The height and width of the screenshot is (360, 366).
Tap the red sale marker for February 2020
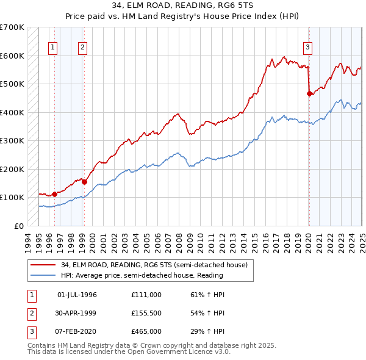click(x=309, y=93)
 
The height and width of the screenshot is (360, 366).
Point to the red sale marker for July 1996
click(x=54, y=194)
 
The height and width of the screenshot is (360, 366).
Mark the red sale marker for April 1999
click(x=84, y=181)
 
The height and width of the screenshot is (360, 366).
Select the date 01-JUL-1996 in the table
click(x=77, y=294)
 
